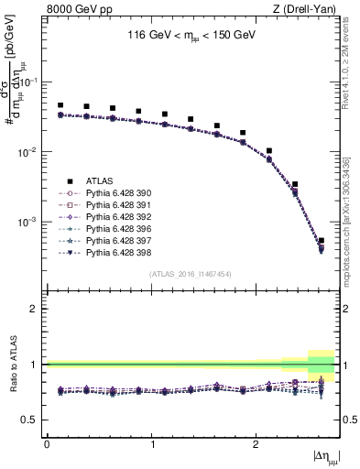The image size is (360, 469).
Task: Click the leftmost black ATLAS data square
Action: point(60,105)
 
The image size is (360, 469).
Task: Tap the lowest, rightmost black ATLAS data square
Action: point(321,241)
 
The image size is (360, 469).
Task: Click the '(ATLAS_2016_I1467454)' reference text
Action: point(191,274)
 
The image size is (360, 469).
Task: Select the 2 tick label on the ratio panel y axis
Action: point(38,309)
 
